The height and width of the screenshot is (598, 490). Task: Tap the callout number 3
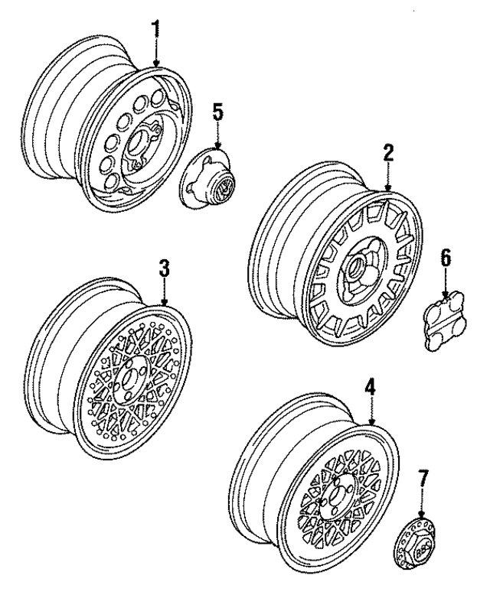point(165,270)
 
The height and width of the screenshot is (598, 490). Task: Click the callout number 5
point(218,112)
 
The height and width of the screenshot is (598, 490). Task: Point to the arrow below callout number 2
point(388,180)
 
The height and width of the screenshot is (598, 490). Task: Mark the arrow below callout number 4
point(370,416)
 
